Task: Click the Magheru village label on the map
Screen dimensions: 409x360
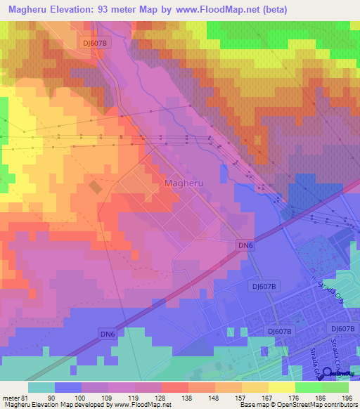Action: tap(185, 183)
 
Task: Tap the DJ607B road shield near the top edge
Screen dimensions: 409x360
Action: tap(95, 43)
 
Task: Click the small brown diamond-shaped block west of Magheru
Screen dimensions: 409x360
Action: tap(95, 186)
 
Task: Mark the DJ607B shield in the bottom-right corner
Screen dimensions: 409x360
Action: tap(343, 329)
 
